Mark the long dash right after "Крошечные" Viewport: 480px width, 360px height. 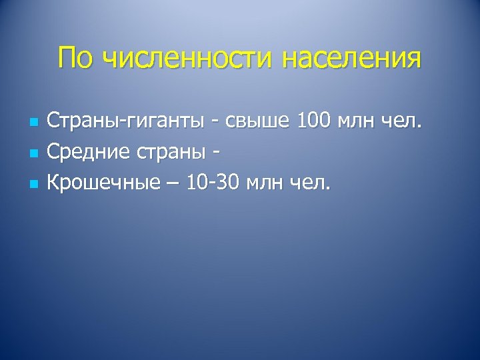point(171,183)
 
